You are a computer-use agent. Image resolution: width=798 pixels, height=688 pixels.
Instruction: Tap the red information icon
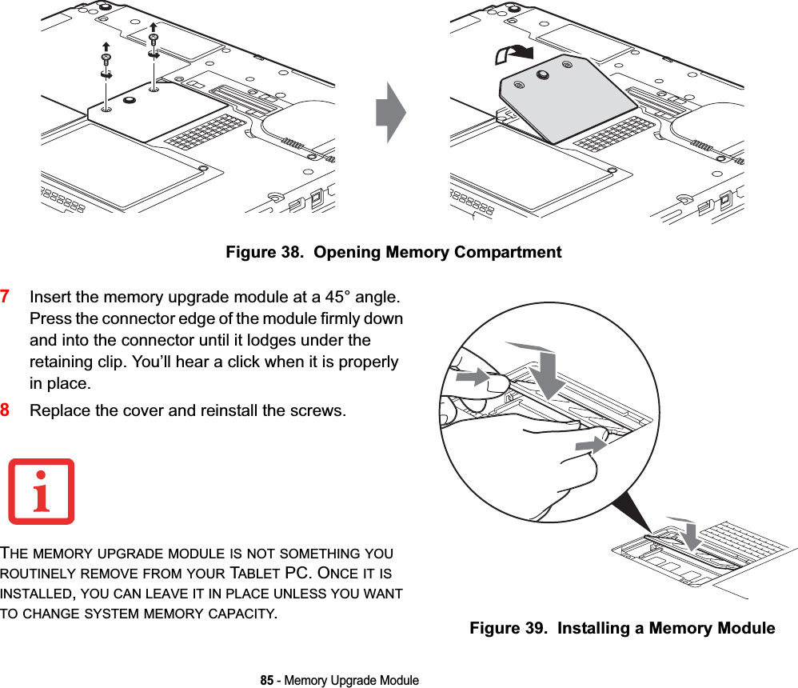pos(42,491)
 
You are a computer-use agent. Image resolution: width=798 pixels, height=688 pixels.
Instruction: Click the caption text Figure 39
pos(510,629)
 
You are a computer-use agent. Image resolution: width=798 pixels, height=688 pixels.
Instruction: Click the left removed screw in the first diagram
pos(106,60)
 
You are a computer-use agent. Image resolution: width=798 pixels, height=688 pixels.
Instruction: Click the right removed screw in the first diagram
pos(154,40)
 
